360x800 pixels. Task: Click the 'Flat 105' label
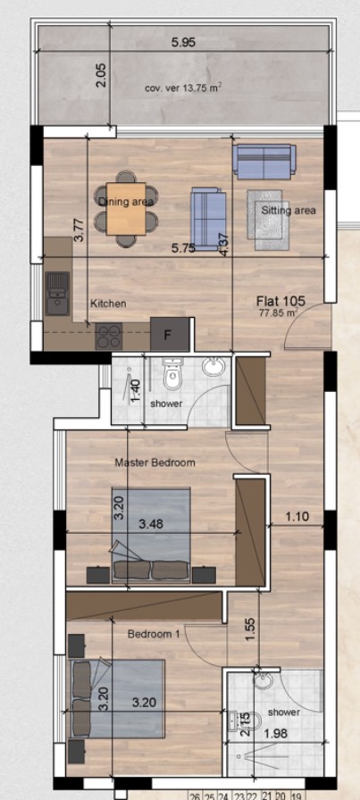pos(280,302)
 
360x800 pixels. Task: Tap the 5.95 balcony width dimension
pos(186,41)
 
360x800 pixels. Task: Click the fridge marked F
pos(165,336)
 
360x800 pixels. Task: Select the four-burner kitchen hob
pos(110,337)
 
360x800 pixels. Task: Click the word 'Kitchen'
pos(108,304)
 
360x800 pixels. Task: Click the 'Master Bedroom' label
pos(155,462)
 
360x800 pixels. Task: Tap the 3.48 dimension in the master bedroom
pos(150,523)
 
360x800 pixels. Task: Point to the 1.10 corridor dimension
pos(298,516)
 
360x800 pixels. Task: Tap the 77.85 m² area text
pos(279,314)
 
